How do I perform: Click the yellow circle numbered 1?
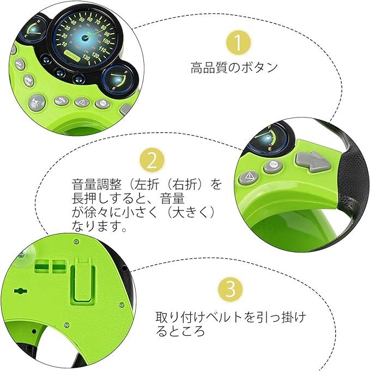pyautogui.click(x=238, y=43)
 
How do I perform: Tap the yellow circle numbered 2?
pyautogui.click(x=152, y=160)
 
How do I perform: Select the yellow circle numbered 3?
pyautogui.click(x=231, y=289)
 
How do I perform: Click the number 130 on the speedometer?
pyautogui.click(x=86, y=58)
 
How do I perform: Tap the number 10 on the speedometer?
pyautogui.click(x=64, y=44)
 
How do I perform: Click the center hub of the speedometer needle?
pyautogui.click(x=84, y=37)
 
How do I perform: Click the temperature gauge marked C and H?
pyautogui.click(x=34, y=29)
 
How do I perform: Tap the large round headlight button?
pyautogui.click(x=37, y=102)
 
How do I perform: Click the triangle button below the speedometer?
pyautogui.click(x=82, y=102)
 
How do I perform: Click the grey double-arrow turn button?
pyautogui.click(x=313, y=162)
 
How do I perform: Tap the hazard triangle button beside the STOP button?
pyautogui.click(x=249, y=177)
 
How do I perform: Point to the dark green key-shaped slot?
pyautogui.click(x=21, y=291)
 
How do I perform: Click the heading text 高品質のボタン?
pyautogui.click(x=234, y=67)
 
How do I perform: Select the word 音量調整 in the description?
pyautogui.click(x=96, y=184)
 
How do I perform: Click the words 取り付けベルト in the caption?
pyautogui.click(x=199, y=317)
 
